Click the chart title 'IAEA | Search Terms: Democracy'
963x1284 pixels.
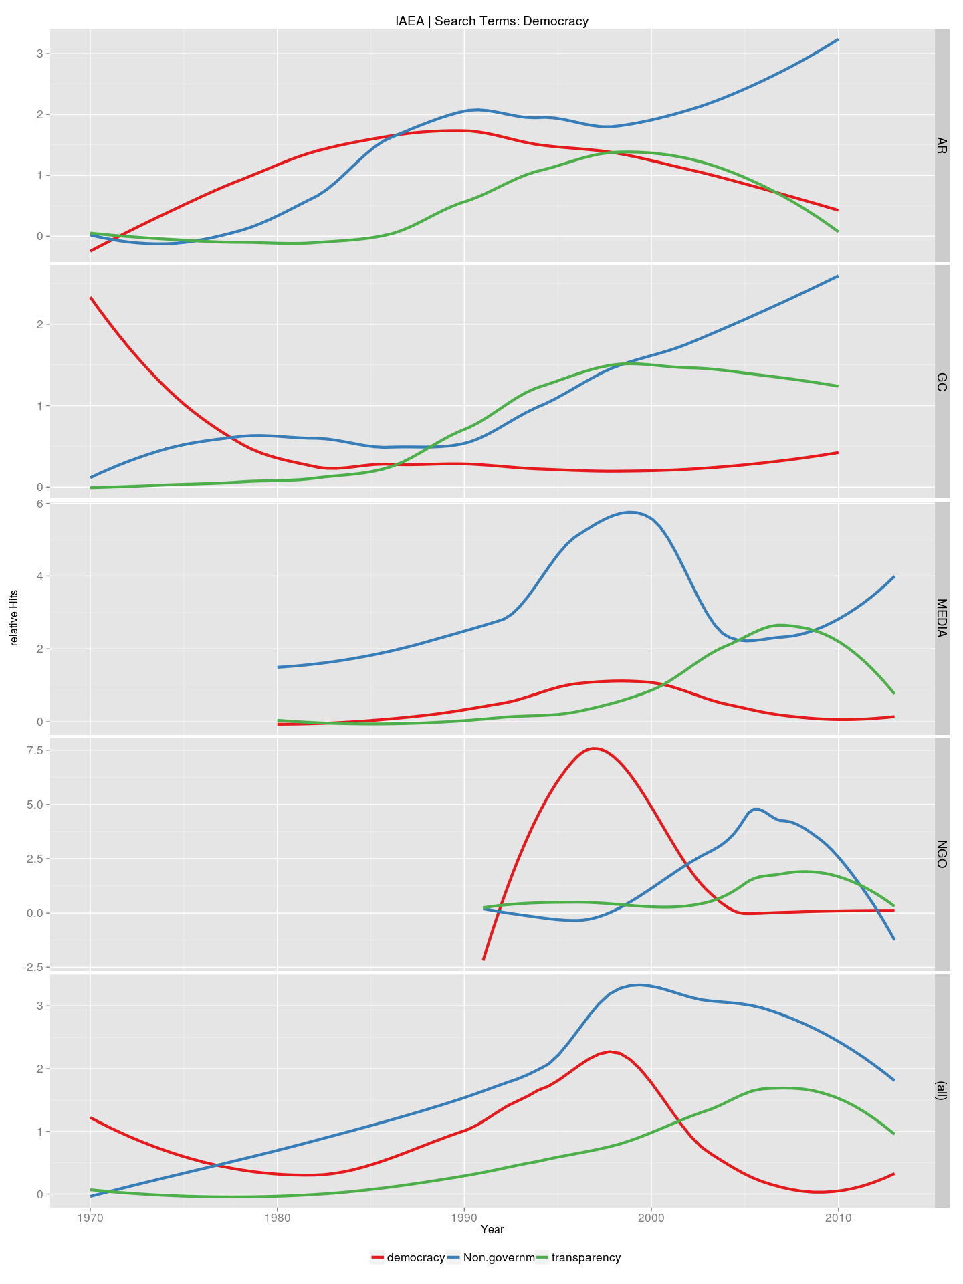pyautogui.click(x=492, y=21)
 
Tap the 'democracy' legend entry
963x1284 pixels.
pyautogui.click(x=408, y=1257)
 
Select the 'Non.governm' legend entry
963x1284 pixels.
pyautogui.click(x=491, y=1257)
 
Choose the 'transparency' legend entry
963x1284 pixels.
pyautogui.click(x=578, y=1257)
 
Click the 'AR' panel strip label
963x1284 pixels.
pyautogui.click(x=942, y=145)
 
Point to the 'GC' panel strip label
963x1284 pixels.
pyautogui.click(x=942, y=382)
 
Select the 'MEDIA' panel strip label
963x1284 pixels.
pyautogui.click(x=942, y=618)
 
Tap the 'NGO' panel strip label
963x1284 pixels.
pyautogui.click(x=942, y=854)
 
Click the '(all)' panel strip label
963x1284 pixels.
pyautogui.click(x=942, y=1091)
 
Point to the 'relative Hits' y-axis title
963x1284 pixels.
pyautogui.click(x=14, y=619)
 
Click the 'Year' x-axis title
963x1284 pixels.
pyautogui.click(x=492, y=1229)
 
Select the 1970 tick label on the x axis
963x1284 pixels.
pyautogui.click(x=90, y=1217)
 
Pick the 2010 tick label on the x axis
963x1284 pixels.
pyautogui.click(x=838, y=1217)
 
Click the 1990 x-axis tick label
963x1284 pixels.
pyautogui.click(x=464, y=1217)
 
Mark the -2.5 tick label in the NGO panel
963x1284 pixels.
pyautogui.click(x=32, y=967)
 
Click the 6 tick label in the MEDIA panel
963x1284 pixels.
pyautogui.click(x=39, y=503)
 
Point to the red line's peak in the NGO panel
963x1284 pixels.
pyautogui.click(x=594, y=748)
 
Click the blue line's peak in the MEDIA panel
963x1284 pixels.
pyautogui.click(x=630, y=512)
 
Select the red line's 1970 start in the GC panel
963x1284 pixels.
pyautogui.click(x=91, y=298)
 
